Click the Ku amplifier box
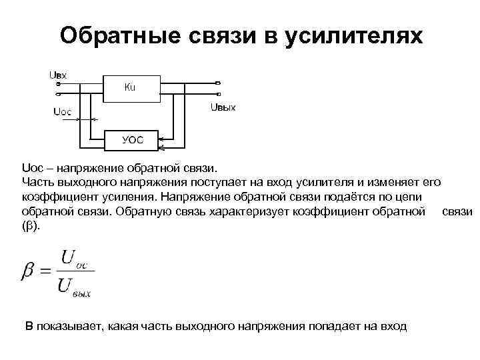point(130,88)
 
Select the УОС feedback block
point(131,140)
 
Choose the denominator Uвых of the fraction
point(74,287)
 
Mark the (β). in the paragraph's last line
point(31,226)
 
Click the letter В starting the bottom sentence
point(29,326)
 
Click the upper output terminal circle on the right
point(217,83)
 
